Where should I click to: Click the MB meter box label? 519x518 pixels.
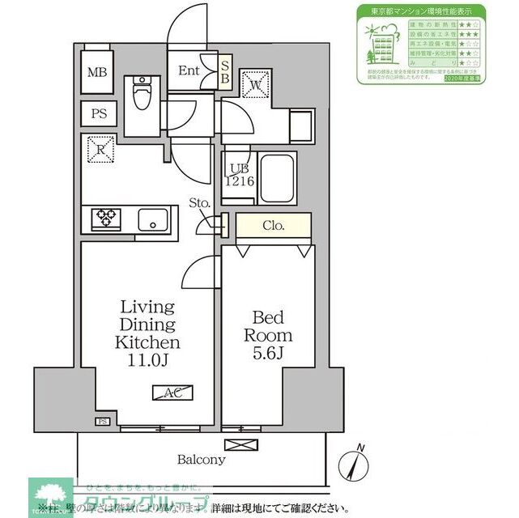coord(97,71)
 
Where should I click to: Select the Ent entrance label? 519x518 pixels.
coord(189,70)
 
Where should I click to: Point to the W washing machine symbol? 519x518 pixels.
coord(253,84)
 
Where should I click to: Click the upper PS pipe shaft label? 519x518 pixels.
coord(97,113)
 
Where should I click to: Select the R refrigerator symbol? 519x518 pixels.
coord(99,149)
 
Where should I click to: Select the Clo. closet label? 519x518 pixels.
coord(273,227)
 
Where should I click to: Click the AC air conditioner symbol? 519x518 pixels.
coord(172,393)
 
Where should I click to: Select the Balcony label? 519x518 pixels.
coord(202,460)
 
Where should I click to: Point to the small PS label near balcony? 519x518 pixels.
coord(103,422)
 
